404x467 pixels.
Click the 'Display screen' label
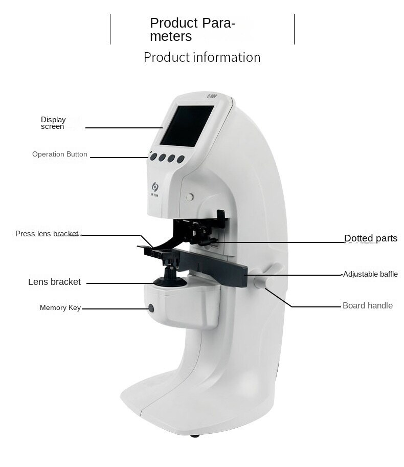click(53, 123)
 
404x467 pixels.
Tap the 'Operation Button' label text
click(59, 154)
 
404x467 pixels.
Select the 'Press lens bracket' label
click(47, 234)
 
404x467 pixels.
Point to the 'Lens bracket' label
click(54, 282)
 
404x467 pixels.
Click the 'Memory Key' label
click(60, 307)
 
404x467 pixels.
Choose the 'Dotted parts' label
click(371, 238)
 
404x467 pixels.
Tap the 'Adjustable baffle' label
click(370, 274)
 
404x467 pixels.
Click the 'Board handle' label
click(367, 305)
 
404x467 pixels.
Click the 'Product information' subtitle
click(202, 57)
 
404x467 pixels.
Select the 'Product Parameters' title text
click(193, 30)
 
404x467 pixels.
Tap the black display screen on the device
click(187, 126)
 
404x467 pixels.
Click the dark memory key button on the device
click(151, 308)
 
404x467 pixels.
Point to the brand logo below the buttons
click(155, 189)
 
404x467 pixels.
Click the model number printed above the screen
click(212, 96)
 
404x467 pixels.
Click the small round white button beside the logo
click(190, 197)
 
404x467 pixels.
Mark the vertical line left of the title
click(110, 29)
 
